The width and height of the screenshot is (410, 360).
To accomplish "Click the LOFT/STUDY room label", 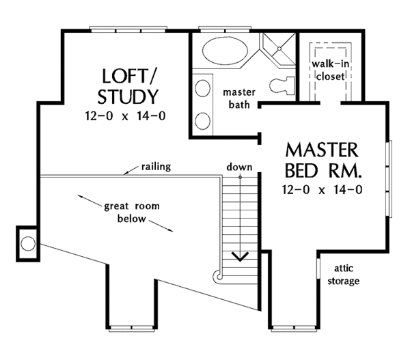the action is point(128,86).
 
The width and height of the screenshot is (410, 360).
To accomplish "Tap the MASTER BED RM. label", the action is point(322,161).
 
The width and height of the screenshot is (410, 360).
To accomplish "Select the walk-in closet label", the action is point(330,70).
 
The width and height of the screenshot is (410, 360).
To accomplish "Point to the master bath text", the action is point(239,98).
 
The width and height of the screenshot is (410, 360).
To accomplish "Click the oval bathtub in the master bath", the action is point(225,51).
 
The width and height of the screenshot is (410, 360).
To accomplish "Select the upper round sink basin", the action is point(203,88).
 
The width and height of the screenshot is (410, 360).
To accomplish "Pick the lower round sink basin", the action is point(203,121).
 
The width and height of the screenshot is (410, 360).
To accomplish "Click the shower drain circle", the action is point(279,49).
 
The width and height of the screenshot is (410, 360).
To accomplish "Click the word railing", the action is point(156,167).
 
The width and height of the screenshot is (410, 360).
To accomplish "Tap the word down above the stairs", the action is point(239,167).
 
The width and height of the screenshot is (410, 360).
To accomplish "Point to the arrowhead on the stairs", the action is point(241,257).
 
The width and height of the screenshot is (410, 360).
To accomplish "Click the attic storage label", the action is point(344,275).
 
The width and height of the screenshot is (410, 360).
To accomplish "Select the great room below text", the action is point(131,212).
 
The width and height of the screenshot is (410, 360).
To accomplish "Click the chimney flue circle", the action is point(28,243).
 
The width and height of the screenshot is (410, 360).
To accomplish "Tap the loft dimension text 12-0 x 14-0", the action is point(125,116).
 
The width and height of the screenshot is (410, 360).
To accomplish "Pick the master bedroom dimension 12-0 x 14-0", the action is point(322,189).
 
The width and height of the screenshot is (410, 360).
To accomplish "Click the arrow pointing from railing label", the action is point(131,169).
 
